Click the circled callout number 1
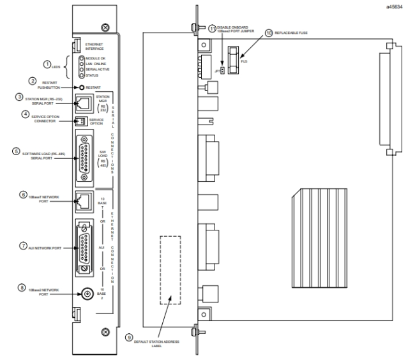click(x=47, y=64)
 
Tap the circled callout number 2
click(x=33, y=81)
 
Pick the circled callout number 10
click(x=269, y=31)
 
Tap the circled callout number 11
click(x=213, y=28)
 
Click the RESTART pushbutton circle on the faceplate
click(x=80, y=87)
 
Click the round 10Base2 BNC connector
click(x=82, y=294)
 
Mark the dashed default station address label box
click(x=169, y=268)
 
